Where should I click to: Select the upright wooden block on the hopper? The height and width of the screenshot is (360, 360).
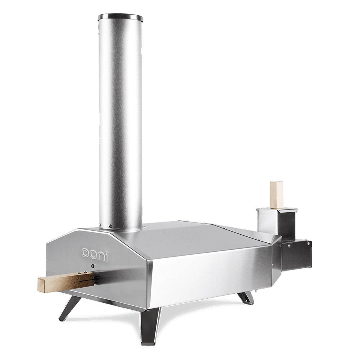[277, 194]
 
